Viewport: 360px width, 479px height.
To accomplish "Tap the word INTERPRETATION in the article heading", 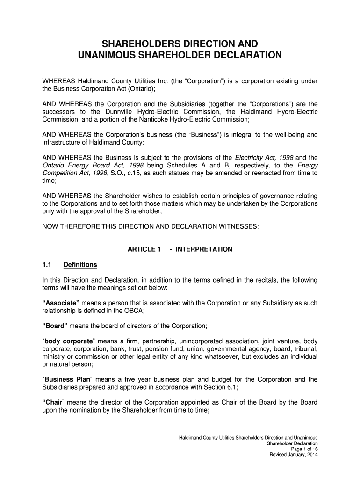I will click(204, 249).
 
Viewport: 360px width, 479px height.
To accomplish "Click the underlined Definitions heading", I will click(80, 265).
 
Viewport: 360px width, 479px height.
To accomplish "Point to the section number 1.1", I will click(47, 265).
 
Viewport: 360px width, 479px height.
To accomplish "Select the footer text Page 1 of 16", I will click(304, 449).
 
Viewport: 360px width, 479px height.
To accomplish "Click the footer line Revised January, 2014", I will click(294, 455).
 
